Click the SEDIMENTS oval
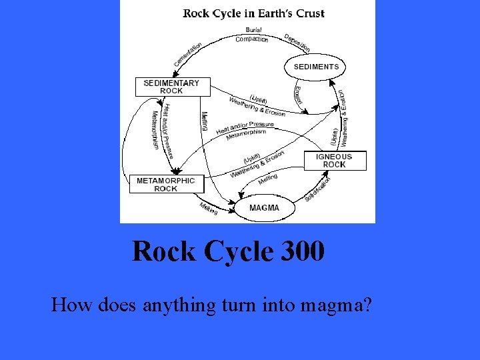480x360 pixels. point(316,67)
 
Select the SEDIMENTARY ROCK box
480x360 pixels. point(171,87)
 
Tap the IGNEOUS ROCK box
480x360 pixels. point(335,161)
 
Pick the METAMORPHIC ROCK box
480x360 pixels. point(166,184)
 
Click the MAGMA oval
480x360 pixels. point(264,208)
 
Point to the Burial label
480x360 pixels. point(253,30)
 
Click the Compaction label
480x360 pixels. point(252,39)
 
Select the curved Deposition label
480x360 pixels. point(297,42)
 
